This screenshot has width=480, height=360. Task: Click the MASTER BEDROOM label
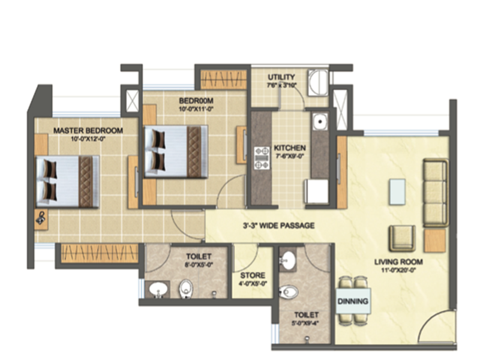[88, 130]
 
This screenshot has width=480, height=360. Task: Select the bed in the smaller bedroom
[175, 151]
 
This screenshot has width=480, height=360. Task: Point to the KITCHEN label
[290, 148]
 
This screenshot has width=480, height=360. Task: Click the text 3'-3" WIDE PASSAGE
[275, 226]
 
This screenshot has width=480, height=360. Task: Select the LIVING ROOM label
[399, 262]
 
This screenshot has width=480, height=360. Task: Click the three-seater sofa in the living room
[435, 192]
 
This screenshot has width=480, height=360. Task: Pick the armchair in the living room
[401, 238]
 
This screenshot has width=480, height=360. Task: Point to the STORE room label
[253, 276]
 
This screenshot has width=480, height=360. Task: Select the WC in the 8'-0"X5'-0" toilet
[187, 289]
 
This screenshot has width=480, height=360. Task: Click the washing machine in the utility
[318, 82]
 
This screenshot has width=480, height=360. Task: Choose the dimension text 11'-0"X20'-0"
[399, 271]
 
